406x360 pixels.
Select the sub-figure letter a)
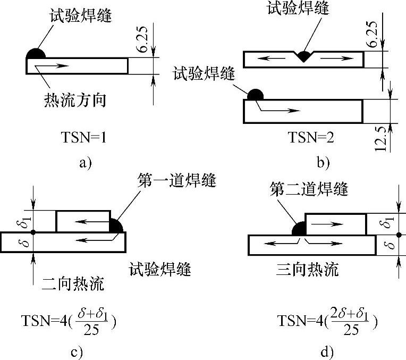[x=86, y=163]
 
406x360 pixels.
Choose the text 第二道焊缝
[x=309, y=188]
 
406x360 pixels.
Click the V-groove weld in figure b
[x=303, y=56]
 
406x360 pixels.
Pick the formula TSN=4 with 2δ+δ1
[x=327, y=322]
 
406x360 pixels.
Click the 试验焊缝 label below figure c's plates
[x=160, y=269]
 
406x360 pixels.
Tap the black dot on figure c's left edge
[x=33, y=232]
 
